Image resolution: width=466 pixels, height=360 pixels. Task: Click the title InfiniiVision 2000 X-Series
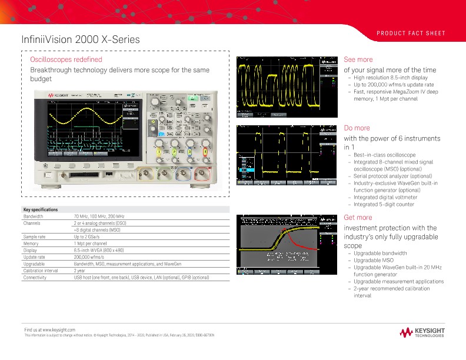coord(81,39)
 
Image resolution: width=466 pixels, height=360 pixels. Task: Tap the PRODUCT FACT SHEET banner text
coord(411,33)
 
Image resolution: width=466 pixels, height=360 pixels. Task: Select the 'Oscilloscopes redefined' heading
coord(66,59)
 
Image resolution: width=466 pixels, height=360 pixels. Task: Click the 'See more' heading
coord(358,59)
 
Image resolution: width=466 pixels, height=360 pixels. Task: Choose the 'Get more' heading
coord(358,218)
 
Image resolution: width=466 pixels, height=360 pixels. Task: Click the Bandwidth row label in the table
coord(33,216)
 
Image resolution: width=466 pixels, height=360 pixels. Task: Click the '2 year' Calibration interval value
coord(79,271)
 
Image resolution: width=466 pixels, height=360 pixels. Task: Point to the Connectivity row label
coord(36,277)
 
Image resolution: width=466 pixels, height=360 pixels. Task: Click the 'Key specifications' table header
coord(40,209)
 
